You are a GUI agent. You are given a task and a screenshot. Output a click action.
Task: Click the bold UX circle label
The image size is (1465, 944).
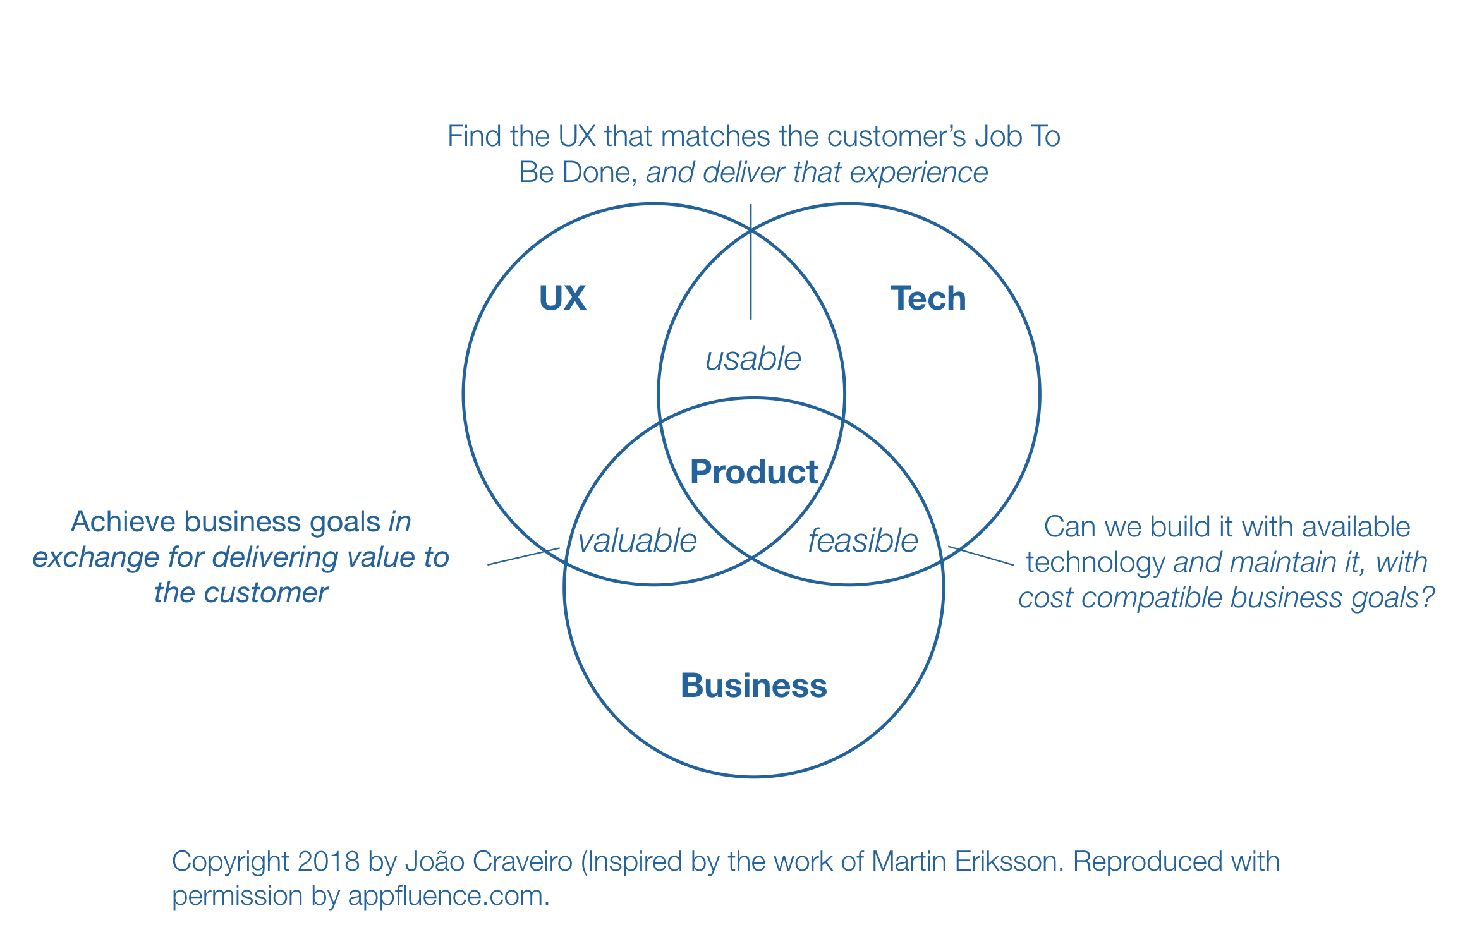(x=562, y=298)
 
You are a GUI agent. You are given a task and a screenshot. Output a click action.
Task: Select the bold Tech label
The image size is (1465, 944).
(x=928, y=298)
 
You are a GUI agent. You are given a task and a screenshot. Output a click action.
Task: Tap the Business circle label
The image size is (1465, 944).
(x=753, y=686)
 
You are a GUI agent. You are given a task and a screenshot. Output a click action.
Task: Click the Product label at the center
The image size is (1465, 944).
(x=753, y=472)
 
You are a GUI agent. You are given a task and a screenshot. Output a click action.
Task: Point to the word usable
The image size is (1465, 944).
(x=753, y=359)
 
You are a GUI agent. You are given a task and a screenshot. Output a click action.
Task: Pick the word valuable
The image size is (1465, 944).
(x=637, y=541)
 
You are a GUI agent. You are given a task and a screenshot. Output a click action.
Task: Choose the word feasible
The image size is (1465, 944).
(x=863, y=541)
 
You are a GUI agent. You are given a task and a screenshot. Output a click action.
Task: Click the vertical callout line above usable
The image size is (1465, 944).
(x=751, y=265)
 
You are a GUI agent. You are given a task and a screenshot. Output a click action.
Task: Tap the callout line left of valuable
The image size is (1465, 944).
(x=523, y=556)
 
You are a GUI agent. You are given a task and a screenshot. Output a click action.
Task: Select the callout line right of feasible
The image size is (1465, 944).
(x=981, y=555)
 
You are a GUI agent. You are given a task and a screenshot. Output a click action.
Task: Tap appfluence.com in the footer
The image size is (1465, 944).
(x=449, y=896)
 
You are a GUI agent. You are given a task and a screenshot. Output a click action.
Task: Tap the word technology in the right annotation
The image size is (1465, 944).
(x=1095, y=562)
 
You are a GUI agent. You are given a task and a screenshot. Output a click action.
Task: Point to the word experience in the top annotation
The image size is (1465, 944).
(x=919, y=172)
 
